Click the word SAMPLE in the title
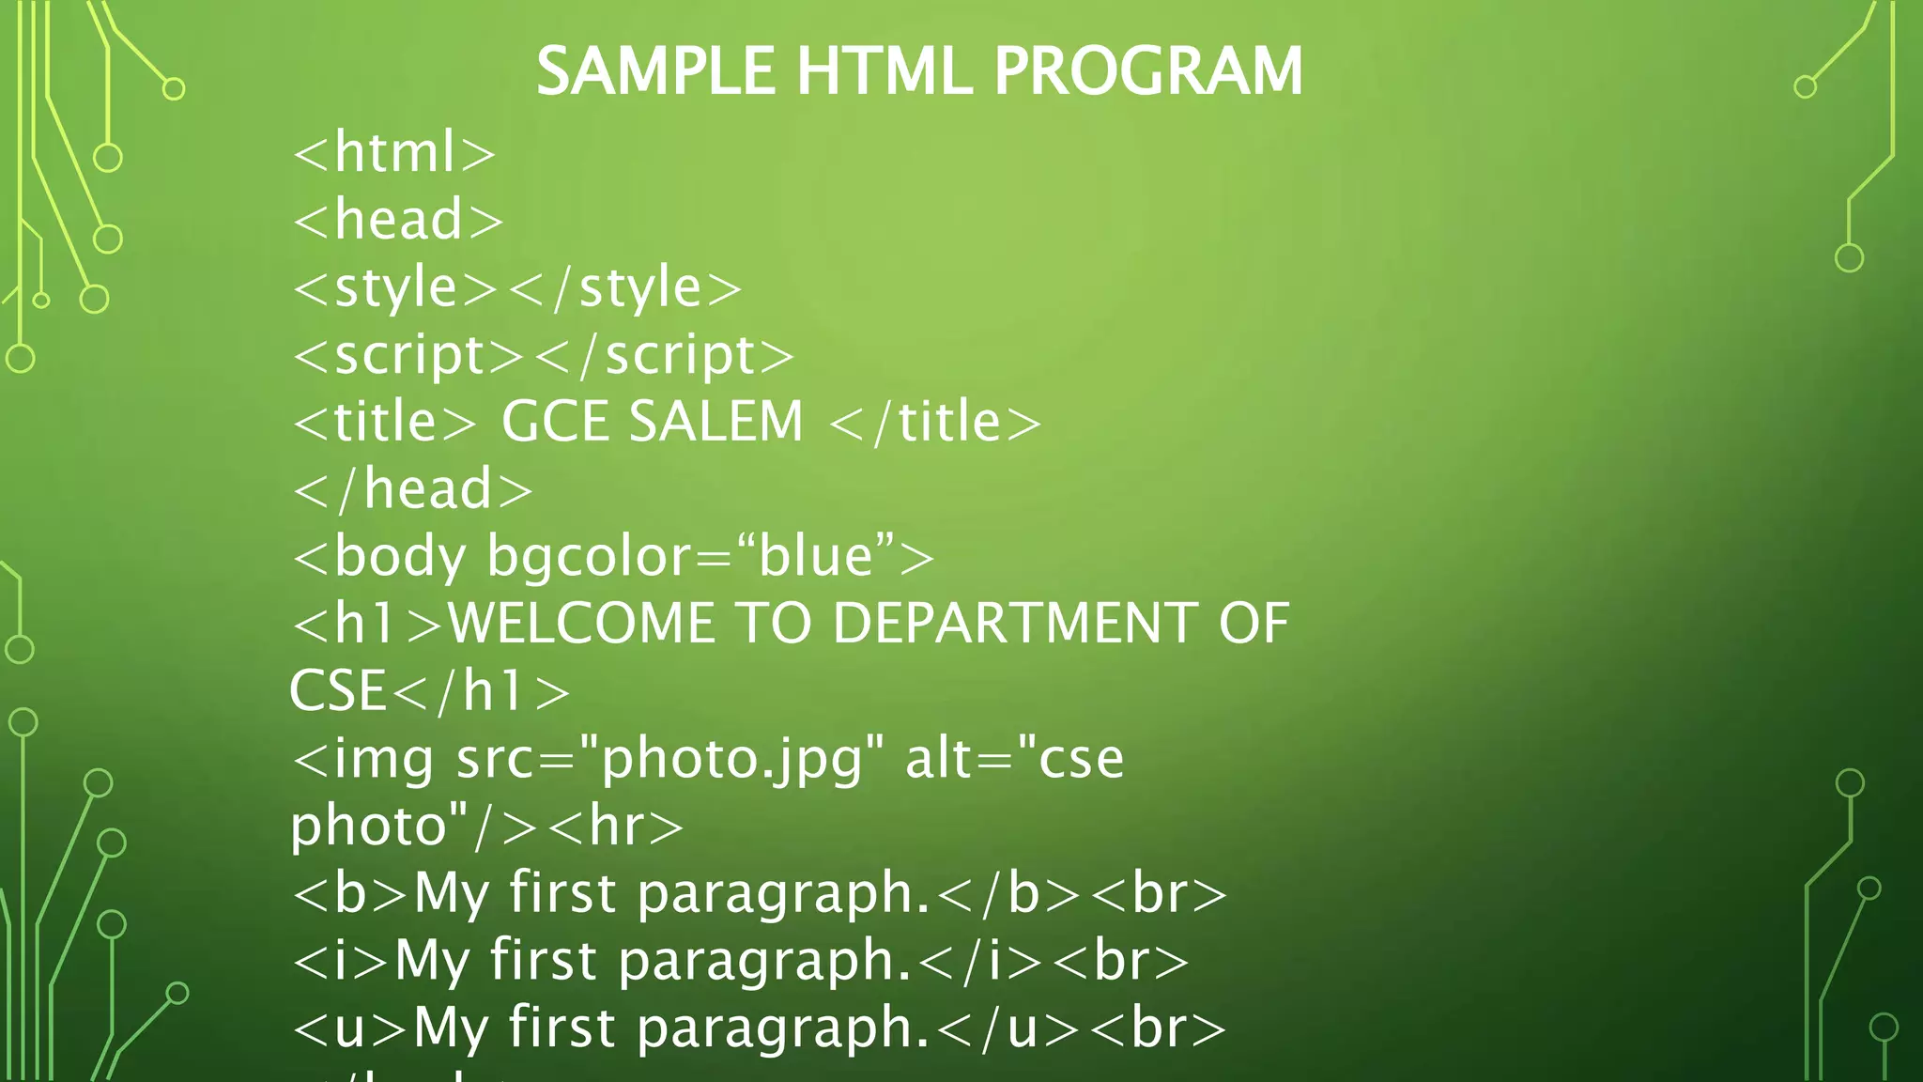tap(654, 72)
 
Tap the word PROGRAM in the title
tap(1147, 72)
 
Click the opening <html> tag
tap(394, 153)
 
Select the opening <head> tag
tap(398, 221)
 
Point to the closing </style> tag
tap(625, 288)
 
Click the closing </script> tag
tap(665, 356)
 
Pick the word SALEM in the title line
tap(716, 422)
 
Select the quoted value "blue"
tap(815, 556)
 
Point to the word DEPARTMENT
tap(1014, 624)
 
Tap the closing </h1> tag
tap(482, 692)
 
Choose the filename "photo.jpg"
tap(732, 759)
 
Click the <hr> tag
tap(616, 827)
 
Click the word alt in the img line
tap(939, 759)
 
